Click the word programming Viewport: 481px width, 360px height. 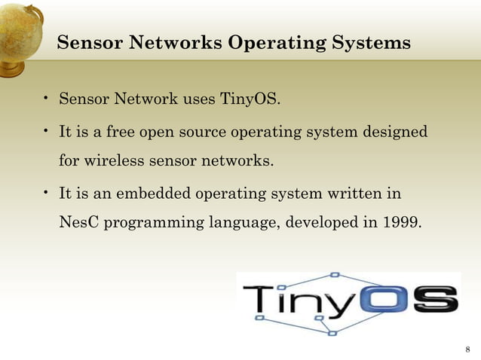coord(153,224)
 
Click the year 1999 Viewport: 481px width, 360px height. coord(397,223)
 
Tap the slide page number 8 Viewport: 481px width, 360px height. coord(467,349)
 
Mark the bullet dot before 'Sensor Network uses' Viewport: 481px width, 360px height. coord(46,98)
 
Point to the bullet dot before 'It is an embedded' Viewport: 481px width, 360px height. coord(46,193)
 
